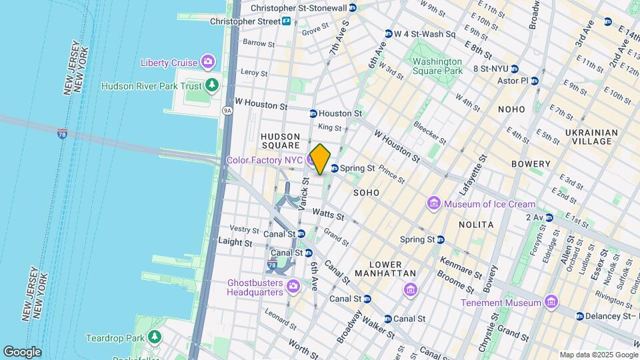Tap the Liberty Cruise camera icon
tap(208, 63)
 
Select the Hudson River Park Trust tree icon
tap(212, 85)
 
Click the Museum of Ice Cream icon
tap(434, 203)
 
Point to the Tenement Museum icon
tap(551, 303)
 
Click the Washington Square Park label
tap(437, 66)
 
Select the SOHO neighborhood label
tap(367, 193)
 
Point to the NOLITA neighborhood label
tap(476, 225)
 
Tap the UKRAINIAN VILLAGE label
tap(588, 137)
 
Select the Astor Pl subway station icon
tap(534, 81)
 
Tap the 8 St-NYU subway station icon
tap(515, 69)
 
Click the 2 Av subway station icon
tap(549, 217)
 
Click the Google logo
tap(22, 351)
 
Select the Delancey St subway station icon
tap(580, 315)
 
